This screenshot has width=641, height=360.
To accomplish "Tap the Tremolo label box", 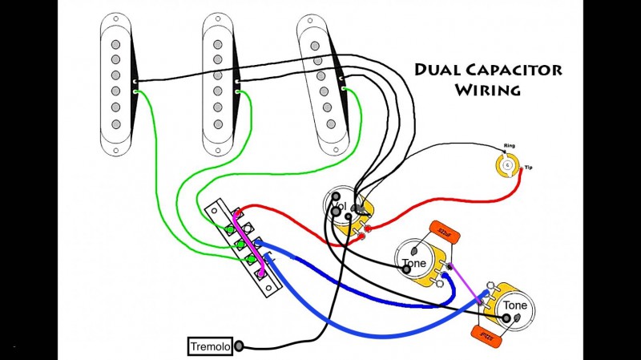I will click(210, 347).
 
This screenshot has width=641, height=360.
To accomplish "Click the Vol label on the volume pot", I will click(337, 208).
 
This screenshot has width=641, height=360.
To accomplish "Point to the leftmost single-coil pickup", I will click(117, 85).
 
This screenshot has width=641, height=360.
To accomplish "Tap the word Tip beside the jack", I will click(528, 168).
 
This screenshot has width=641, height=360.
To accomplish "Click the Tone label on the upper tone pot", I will click(413, 262).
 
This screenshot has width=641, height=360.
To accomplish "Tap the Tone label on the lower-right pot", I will click(514, 305).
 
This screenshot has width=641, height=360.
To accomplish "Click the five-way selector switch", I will click(244, 240).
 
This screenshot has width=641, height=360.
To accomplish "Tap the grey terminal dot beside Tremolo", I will click(239, 347).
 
